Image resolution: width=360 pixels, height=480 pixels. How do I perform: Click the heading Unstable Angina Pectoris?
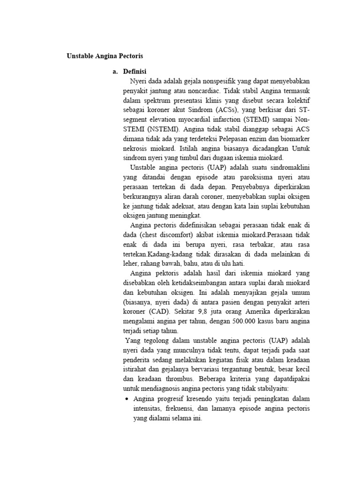pos(105,56)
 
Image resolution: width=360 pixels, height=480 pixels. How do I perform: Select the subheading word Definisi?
pos(135,71)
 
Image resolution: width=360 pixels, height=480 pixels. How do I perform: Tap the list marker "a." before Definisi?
pos(115,71)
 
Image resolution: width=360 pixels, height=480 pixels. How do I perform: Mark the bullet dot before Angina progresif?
pos(127,399)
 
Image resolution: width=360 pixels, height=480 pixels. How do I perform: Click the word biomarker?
pos(294,139)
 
